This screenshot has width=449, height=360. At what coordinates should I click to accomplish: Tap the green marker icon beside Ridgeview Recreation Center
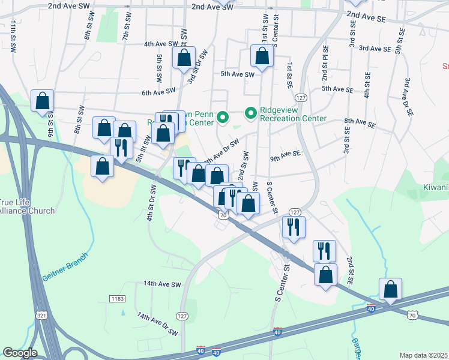[x=250, y=112]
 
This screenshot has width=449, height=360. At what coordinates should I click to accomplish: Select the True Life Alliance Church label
[x=26, y=206]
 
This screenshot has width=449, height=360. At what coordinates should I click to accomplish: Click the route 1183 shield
[x=117, y=298]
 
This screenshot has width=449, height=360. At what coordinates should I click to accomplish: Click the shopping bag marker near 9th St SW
[x=43, y=102]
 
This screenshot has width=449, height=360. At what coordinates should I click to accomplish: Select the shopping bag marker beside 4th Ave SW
[x=184, y=58]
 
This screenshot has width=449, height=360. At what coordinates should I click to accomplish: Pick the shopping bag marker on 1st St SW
[x=262, y=56]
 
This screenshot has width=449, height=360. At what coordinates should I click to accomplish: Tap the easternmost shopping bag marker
[x=390, y=290]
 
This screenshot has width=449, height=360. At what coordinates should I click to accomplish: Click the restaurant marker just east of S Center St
[x=294, y=227]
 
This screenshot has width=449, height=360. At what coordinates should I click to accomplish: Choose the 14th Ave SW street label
[x=161, y=284]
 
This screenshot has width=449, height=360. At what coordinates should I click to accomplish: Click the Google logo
[x=20, y=353]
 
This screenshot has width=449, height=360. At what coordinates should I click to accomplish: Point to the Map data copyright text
[x=424, y=355]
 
